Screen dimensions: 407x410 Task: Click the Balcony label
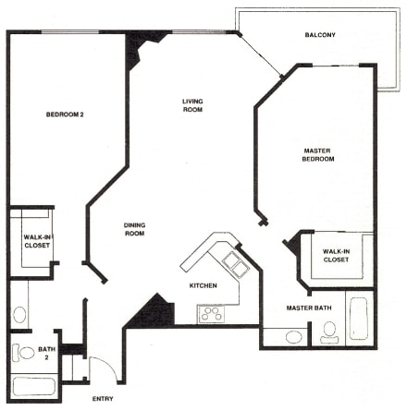pos(320,35)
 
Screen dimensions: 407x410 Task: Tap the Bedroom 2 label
pos(65,115)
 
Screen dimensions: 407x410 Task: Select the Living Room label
pos(192,105)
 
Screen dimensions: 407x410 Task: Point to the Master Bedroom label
pos(318,155)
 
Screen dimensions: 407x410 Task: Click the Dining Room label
pos(134,229)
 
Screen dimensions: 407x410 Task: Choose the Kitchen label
pos(203,285)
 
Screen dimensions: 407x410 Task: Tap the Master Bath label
pos(309,307)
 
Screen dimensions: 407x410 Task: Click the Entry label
pos(103,399)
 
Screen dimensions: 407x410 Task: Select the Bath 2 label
pos(46,353)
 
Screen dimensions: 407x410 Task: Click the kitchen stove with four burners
pos(211,314)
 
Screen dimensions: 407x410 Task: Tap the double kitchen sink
pos(236,264)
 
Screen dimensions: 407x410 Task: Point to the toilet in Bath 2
pos(23,353)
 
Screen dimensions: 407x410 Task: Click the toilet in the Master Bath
pos(329,332)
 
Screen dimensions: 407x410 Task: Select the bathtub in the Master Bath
pos(359,319)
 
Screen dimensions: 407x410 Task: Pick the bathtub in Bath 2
pos(34,387)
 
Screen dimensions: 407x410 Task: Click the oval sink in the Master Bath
pos(293,337)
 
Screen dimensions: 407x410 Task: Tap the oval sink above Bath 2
pos(19,314)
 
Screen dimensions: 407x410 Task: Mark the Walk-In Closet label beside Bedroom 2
pos(37,241)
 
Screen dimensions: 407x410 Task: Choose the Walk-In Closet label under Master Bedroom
pos(336,256)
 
